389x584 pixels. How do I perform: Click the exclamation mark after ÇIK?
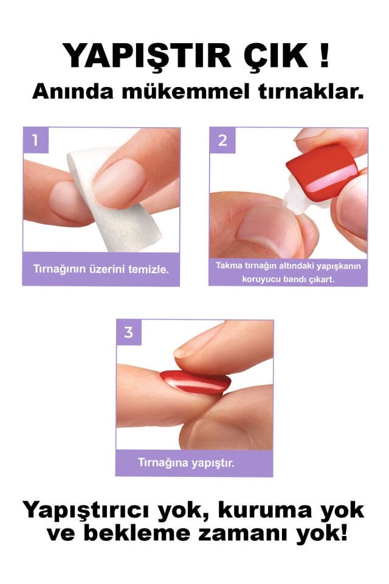[323, 56]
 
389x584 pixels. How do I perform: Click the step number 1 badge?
[35, 141]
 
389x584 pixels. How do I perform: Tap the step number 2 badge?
[222, 141]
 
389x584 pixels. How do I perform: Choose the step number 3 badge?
[128, 332]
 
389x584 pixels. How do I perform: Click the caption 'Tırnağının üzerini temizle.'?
[101, 269]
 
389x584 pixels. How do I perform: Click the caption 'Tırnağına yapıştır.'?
[194, 462]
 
